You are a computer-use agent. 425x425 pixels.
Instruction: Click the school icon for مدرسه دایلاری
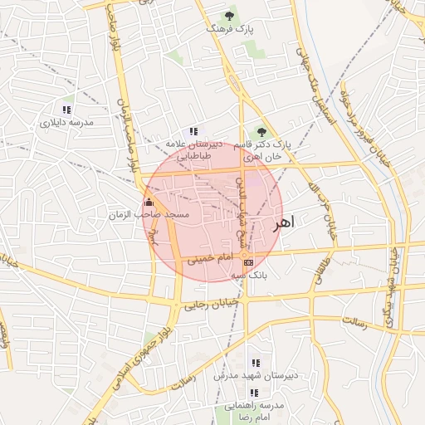click(66, 110)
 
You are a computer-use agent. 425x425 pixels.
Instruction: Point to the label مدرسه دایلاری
click(66, 123)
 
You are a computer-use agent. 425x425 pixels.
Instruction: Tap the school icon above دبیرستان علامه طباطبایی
click(193, 131)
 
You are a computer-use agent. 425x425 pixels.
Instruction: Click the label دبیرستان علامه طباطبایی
click(193, 149)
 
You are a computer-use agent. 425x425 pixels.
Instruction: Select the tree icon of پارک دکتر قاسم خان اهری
click(262, 131)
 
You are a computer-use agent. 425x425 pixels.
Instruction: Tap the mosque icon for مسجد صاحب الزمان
click(149, 203)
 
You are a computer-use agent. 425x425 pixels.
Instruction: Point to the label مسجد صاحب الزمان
click(149, 215)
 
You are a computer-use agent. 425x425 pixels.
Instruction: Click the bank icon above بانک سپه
click(248, 262)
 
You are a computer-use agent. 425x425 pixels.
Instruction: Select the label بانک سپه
click(248, 275)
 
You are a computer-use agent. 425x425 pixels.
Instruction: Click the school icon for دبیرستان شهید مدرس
click(255, 363)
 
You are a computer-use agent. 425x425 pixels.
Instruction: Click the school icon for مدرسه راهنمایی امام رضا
click(255, 392)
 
